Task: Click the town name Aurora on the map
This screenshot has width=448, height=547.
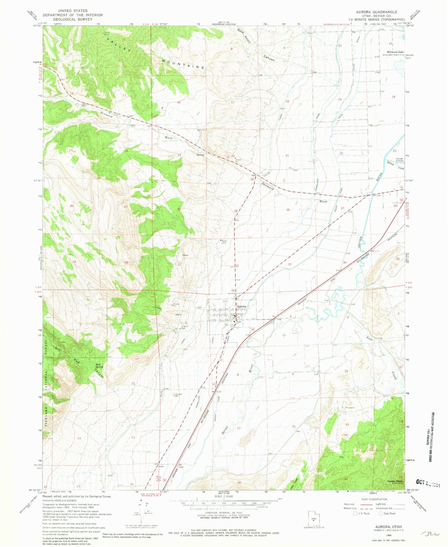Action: (x=241, y=306)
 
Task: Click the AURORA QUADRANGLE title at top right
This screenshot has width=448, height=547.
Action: (x=376, y=12)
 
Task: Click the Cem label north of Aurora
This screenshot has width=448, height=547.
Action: (x=225, y=301)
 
